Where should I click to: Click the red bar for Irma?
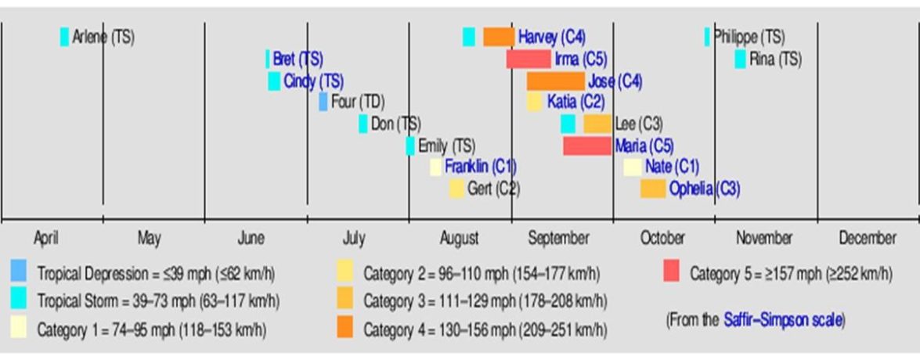coord(529,59)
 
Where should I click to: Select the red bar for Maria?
coord(586,146)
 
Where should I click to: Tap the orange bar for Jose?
coord(555,81)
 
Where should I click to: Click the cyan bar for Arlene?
coord(64,37)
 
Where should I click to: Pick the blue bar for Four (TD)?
coord(323,102)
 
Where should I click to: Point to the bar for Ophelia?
coord(652,189)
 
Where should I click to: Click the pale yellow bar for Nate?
coord(632,167)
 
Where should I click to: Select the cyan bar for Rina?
coord(740,59)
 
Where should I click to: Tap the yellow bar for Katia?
coord(535,102)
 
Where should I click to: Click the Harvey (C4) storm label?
coord(551,37)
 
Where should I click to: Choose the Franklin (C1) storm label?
coord(480,167)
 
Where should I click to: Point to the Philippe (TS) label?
coord(749,37)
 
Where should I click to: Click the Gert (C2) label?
coord(493,189)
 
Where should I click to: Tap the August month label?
coord(460,238)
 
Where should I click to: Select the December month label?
coord(868,238)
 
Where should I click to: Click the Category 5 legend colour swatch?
coord(671,272)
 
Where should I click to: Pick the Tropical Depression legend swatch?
coord(19,272)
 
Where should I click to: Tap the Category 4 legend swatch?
coord(345,328)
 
